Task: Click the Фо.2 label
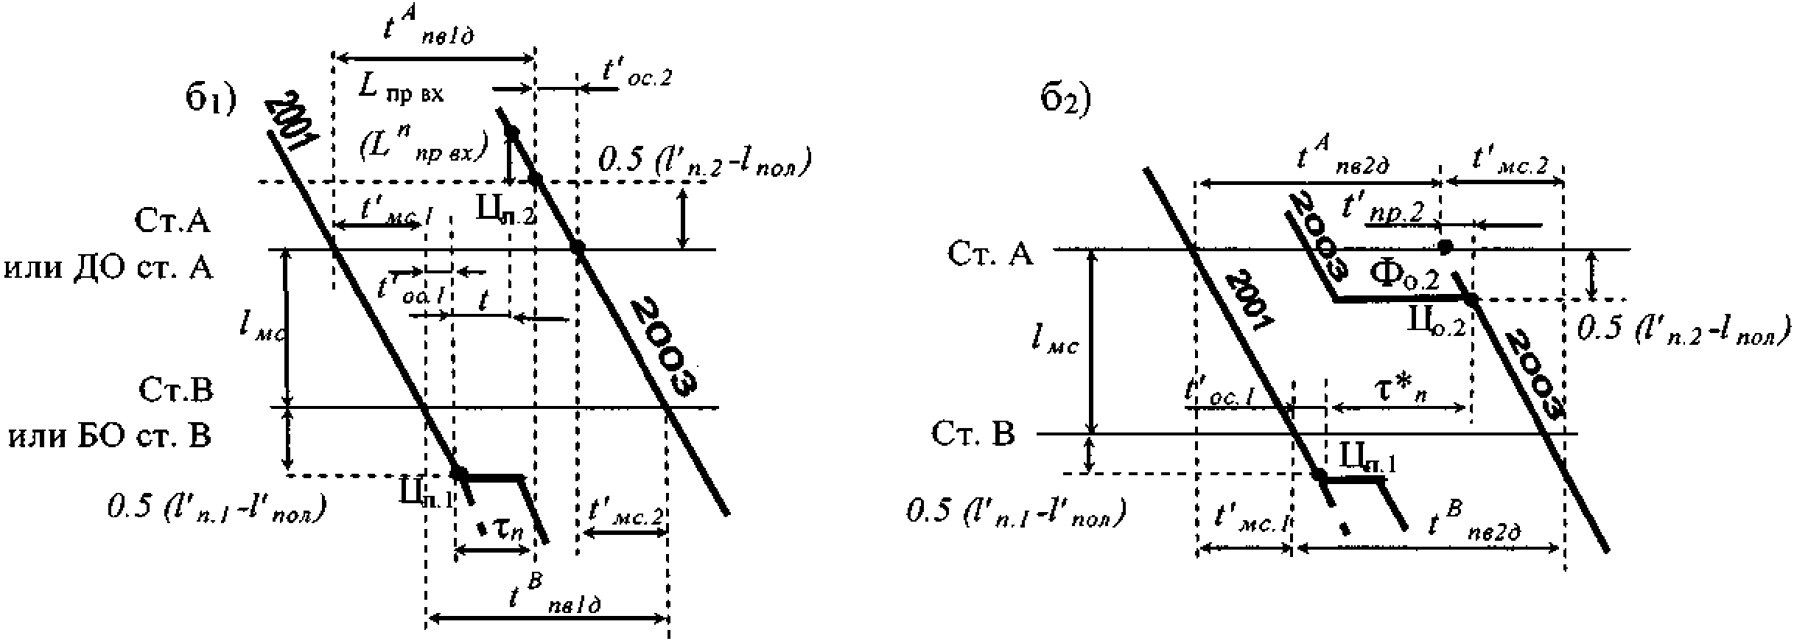click(1404, 276)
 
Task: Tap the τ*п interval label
click(1399, 388)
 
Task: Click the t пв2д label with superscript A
click(1341, 158)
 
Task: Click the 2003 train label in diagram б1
click(664, 346)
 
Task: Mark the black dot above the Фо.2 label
click(1446, 245)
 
